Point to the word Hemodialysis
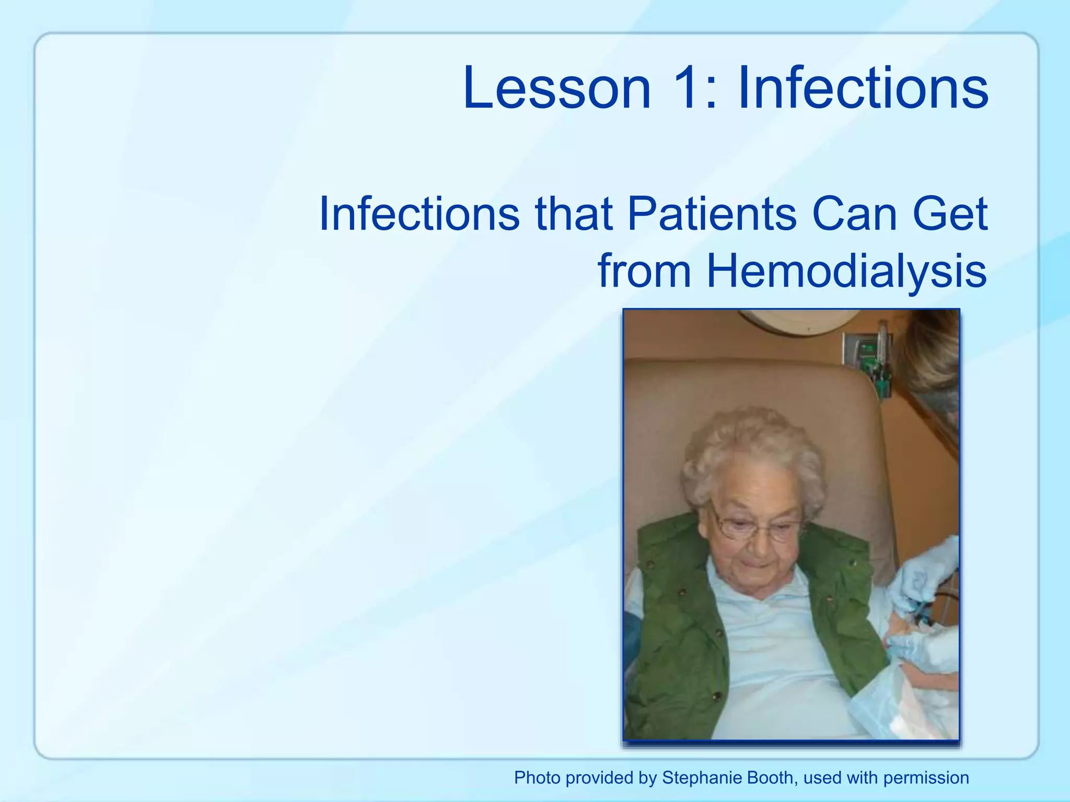coord(846,271)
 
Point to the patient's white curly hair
coord(752,449)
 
